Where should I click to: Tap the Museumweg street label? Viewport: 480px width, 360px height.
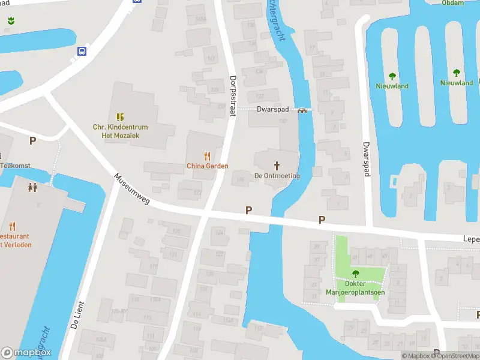pyautogui.click(x=131, y=190)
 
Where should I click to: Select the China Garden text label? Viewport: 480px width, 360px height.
pyautogui.click(x=208, y=166)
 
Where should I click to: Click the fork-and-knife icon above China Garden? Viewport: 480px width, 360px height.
pyautogui.click(x=208, y=155)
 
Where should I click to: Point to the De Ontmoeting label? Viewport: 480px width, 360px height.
pyautogui.click(x=277, y=175)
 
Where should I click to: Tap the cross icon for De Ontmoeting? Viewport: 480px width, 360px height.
pyautogui.click(x=277, y=165)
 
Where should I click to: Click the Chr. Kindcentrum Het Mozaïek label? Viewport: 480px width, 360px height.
pyautogui.click(x=120, y=131)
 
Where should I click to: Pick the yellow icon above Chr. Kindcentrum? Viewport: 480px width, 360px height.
pyautogui.click(x=120, y=116)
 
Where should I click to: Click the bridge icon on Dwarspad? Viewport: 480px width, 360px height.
pyautogui.click(x=302, y=110)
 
